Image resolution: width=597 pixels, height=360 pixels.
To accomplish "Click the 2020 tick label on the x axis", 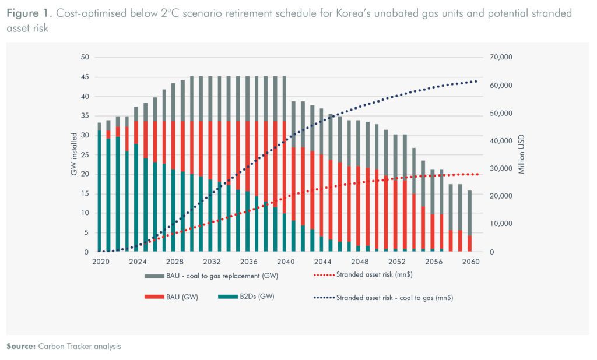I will coord(101,262).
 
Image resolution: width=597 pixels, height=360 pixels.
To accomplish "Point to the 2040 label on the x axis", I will coord(286,262).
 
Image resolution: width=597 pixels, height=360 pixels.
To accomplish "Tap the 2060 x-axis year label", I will coord(470,262).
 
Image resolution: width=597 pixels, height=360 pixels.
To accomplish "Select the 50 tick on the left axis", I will coord(85,57).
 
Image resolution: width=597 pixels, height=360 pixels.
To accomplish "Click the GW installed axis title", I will coord(73,154).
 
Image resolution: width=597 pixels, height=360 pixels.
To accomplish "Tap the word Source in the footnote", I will coord(20,346).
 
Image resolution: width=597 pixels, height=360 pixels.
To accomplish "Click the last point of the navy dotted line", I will coord(476,81).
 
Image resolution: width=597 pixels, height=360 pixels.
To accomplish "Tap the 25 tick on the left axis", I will coord(85,154).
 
